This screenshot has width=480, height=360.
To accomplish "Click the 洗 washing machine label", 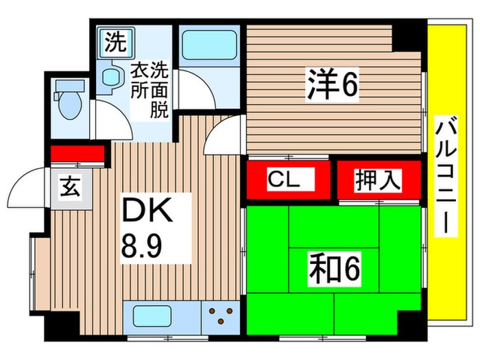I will [x=115, y=43].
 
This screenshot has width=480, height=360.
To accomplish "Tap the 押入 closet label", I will [x=376, y=180].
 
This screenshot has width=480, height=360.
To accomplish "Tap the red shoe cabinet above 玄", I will [x=76, y=153].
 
